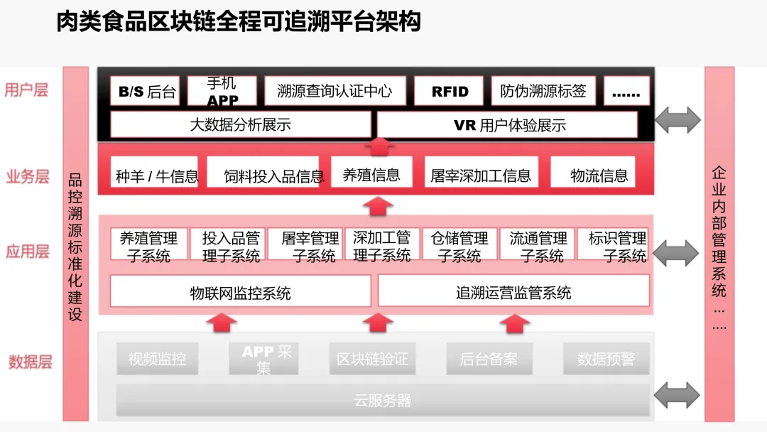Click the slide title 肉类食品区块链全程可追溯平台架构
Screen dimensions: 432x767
[239, 22]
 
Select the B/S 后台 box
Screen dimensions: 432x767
[146, 92]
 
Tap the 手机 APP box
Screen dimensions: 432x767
[222, 92]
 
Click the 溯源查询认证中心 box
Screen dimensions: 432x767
[334, 92]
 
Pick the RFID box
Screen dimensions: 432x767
[450, 92]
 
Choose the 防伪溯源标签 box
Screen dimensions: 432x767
[543, 92]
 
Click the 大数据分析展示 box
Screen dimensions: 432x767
[240, 125]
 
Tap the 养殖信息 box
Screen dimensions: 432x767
[371, 174]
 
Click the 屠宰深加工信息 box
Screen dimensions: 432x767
[481, 175]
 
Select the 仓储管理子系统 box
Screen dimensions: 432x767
[459, 246]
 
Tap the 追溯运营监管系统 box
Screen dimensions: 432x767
[513, 292]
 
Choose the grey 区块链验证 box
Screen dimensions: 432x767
[372, 360]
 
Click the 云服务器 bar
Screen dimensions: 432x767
[383, 400]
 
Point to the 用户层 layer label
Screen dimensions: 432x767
[26, 90]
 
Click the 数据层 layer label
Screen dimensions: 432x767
[31, 362]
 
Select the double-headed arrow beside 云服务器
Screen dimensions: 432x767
[677, 394]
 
